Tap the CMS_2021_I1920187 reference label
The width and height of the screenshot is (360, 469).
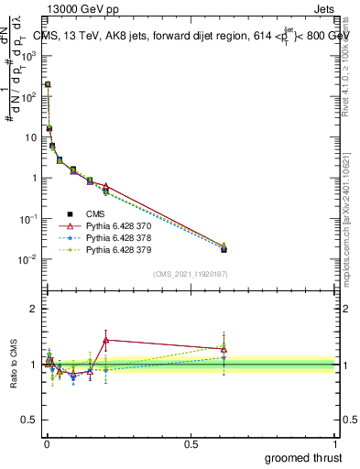[x=190, y=273]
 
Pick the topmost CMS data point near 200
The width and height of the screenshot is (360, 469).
[x=48, y=84]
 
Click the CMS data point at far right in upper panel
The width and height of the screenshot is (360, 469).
[x=224, y=249]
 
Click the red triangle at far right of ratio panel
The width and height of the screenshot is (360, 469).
[x=224, y=348]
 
